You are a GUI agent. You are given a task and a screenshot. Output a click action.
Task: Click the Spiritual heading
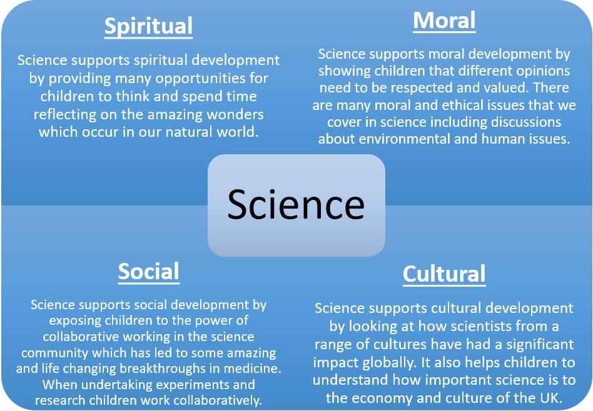(x=148, y=26)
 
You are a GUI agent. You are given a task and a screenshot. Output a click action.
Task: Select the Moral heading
(x=444, y=21)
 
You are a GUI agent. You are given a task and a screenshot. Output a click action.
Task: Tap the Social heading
(x=148, y=271)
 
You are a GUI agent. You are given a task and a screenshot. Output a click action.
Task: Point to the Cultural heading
(x=444, y=274)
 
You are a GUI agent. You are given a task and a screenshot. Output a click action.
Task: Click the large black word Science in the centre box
(x=296, y=204)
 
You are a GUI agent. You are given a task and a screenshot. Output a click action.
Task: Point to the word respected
(x=422, y=88)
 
